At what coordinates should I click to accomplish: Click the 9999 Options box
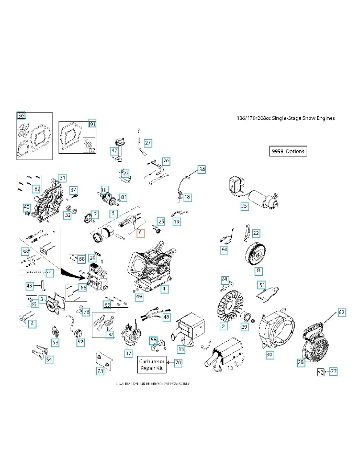287,151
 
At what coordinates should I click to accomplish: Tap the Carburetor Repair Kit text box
152,365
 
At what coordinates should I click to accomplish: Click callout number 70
178,362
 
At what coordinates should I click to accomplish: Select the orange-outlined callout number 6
140,233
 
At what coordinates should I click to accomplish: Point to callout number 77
333,372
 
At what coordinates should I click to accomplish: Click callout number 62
341,312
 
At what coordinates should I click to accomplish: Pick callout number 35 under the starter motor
244,206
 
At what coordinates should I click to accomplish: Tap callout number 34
202,169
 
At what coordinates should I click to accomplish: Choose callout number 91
92,124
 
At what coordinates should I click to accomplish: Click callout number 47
114,151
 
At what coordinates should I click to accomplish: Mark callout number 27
148,143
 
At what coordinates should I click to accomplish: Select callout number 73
100,371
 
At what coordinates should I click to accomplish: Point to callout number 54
49,360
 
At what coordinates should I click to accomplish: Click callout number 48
166,317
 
